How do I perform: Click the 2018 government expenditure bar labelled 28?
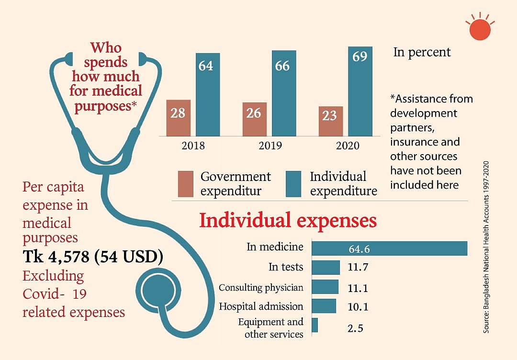[x=179, y=118]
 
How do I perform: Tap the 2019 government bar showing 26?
[x=255, y=119]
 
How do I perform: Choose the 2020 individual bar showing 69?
[x=360, y=91]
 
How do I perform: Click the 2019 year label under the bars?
[x=270, y=145]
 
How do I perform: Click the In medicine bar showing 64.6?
[x=389, y=248]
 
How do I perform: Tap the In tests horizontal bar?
[x=326, y=267]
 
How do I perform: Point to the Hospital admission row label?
[x=261, y=306]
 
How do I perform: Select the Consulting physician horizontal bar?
[x=325, y=287]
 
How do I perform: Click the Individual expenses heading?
[x=288, y=220]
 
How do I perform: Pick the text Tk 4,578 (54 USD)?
[x=93, y=257]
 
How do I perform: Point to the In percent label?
[x=422, y=52]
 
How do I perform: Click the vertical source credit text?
[x=486, y=247]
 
